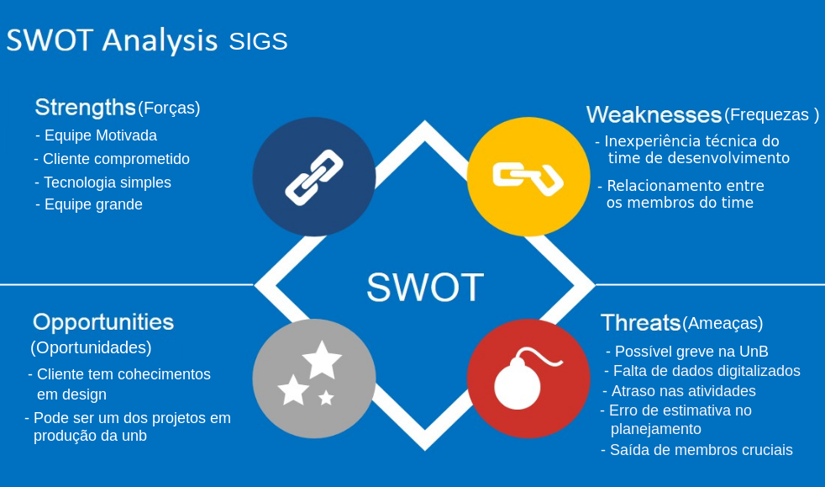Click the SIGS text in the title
pos(258,41)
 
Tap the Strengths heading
pos(85,108)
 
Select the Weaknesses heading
pos(654,114)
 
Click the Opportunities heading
pos(103,322)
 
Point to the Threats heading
pos(640,323)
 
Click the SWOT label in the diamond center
pos(424,288)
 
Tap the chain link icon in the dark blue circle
pos(314,177)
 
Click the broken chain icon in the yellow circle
pos(528,177)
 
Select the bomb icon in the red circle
pos(520,383)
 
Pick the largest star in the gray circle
pos(322,359)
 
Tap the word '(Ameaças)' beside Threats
pos(723,323)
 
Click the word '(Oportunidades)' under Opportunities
pos(91,347)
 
